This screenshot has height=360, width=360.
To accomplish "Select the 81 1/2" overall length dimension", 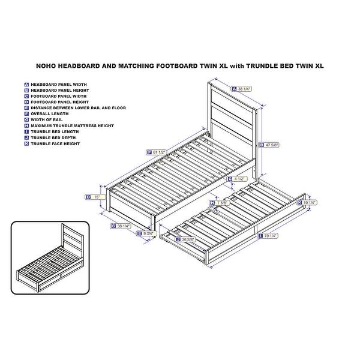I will click(x=158, y=152).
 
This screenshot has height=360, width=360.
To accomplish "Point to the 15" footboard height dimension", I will click(x=96, y=196).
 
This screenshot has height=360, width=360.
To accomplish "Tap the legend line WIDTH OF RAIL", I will click(x=47, y=119).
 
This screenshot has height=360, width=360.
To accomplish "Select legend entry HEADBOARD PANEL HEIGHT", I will click(x=58, y=89).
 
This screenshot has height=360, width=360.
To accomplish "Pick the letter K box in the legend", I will click(x=26, y=143).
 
